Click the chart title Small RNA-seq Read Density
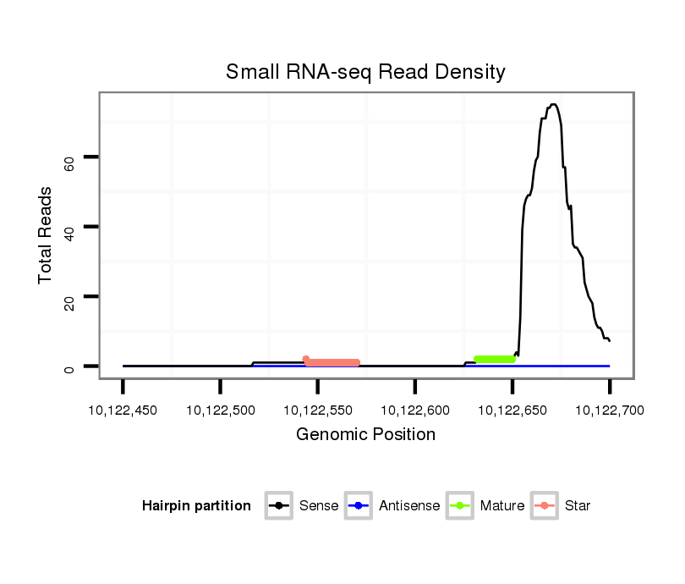click(365, 72)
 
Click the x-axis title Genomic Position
click(365, 435)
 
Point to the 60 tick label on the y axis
click(70, 163)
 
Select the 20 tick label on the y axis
click(70, 302)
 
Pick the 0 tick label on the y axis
click(70, 370)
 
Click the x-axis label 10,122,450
click(123, 410)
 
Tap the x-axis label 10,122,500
click(220, 410)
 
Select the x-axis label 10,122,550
click(317, 410)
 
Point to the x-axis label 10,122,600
click(414, 410)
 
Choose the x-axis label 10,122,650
click(512, 410)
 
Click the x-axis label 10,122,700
click(609, 410)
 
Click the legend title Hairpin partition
click(196, 506)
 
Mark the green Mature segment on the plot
click(495, 360)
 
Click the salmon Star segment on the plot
click(332, 362)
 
